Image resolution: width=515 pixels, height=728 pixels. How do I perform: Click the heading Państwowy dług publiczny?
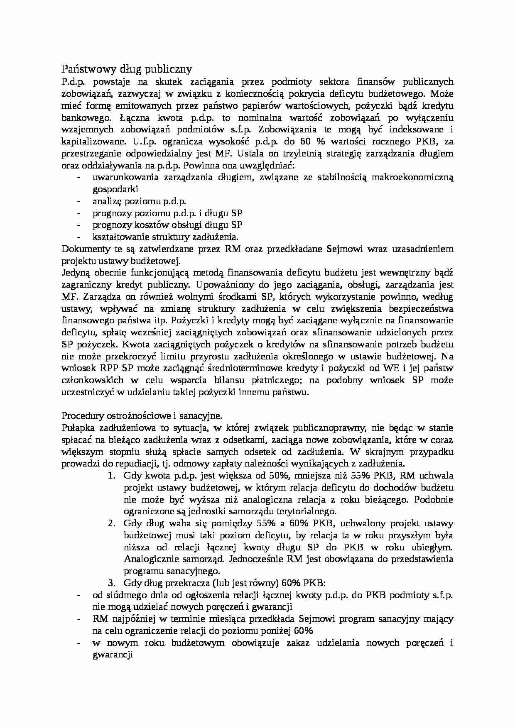tap(127, 68)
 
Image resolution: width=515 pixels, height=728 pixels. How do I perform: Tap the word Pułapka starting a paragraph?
tap(76, 428)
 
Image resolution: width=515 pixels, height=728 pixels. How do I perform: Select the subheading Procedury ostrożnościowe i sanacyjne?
tap(142, 416)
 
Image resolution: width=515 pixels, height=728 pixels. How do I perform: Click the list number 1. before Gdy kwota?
tap(111, 476)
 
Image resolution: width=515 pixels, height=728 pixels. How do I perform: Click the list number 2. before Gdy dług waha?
tap(111, 523)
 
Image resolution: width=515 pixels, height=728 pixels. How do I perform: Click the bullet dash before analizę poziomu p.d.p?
tap(78, 201)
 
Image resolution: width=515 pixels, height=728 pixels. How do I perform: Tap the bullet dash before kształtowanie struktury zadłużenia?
tap(78, 237)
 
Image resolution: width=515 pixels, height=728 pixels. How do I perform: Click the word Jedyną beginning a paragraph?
tap(75, 273)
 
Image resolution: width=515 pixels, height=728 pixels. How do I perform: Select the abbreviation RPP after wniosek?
tap(109, 368)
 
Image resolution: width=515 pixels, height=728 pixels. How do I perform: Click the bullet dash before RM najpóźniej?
tap(78, 619)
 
